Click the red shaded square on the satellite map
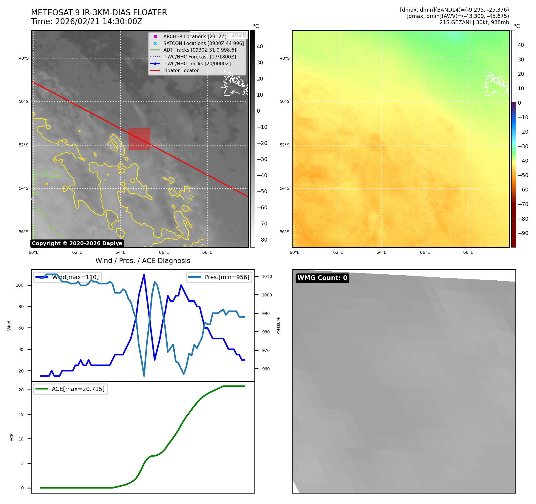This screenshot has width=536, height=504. point(139,139)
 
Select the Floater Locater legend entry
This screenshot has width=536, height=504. point(181,71)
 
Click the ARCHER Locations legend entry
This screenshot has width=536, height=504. point(194,36)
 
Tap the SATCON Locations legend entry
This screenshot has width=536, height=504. point(203,43)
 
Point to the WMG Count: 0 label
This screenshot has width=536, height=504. point(322,278)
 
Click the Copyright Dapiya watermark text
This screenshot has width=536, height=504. point(77,243)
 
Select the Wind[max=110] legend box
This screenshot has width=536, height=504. point(67,277)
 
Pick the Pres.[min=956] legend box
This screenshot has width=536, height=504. point(219,277)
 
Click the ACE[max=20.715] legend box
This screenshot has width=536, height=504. point(71,389)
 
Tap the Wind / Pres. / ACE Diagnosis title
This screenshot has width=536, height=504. point(143,261)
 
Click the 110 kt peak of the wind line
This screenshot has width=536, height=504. point(144,274)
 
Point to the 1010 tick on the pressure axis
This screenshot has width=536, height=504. point(267,276)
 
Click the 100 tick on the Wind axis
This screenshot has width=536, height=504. point(20,285)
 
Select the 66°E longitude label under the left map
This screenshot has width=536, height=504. point(164,253)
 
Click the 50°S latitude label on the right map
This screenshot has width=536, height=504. point(285,102)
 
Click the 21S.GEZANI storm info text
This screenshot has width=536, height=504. point(474,22)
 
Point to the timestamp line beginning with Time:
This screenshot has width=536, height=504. point(87,22)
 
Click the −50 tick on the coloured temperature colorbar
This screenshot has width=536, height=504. point(523,175)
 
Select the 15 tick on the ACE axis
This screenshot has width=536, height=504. point(21,415)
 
